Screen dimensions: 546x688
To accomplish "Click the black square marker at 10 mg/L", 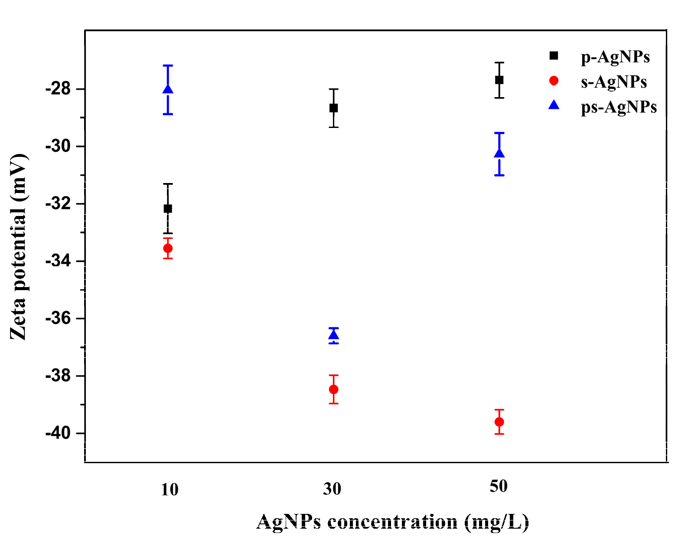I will click(x=168, y=209).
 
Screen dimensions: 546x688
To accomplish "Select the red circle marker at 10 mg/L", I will click(x=168, y=248).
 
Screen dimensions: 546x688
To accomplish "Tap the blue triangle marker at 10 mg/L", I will click(x=168, y=89).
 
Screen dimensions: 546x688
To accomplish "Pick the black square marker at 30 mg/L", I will click(x=333, y=108).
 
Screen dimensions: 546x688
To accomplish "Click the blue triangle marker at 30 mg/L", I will click(x=333, y=335).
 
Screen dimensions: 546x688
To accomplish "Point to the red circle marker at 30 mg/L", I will click(x=333, y=389).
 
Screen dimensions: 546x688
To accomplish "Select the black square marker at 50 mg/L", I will click(x=499, y=80).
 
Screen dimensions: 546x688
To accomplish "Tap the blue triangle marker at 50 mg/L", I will click(x=499, y=154).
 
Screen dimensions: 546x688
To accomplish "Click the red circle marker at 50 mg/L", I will click(x=499, y=422).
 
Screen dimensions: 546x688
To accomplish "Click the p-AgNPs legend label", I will click(x=615, y=57).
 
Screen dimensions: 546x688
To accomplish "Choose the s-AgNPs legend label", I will click(x=614, y=82).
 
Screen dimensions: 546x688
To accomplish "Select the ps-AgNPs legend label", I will click(x=619, y=107).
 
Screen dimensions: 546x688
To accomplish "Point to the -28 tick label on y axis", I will click(x=58, y=89).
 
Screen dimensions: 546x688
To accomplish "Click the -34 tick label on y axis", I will click(x=58, y=261).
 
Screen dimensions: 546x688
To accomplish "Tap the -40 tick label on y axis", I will click(x=58, y=433).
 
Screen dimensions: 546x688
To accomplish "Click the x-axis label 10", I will click(x=170, y=490).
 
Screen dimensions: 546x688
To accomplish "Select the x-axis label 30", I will click(x=332, y=489).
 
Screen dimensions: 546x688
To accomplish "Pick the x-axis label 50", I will click(x=499, y=487).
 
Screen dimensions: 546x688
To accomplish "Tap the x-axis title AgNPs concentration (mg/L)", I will click(x=393, y=522).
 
